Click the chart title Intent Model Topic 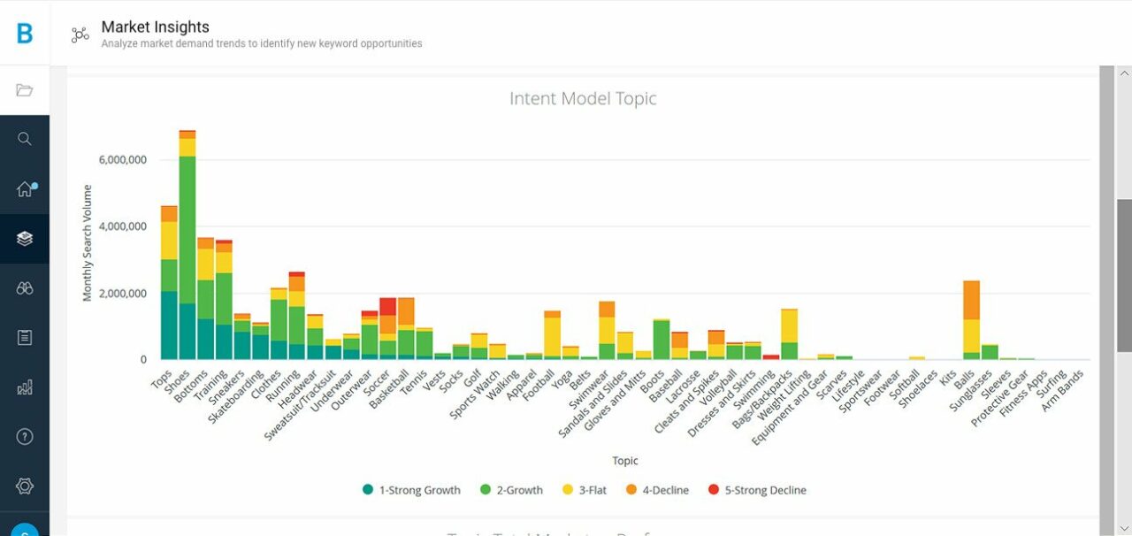(583, 98)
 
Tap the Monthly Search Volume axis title (88, 243)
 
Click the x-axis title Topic (625, 461)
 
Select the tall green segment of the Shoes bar (187, 230)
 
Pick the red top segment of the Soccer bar (387, 306)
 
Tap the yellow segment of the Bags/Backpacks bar (789, 325)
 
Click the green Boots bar (661, 340)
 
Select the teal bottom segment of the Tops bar (169, 325)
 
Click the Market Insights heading (156, 27)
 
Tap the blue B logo (25, 34)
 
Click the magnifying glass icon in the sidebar (25, 139)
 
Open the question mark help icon (25, 436)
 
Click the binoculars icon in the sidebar (25, 288)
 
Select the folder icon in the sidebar (25, 90)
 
